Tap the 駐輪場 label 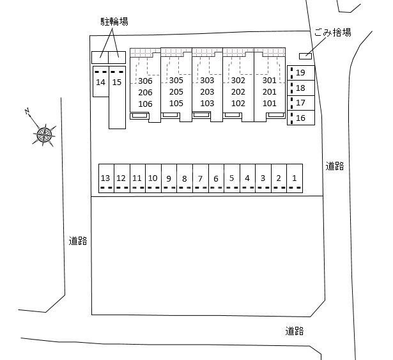(x=114, y=22)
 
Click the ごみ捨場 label (x=332, y=33)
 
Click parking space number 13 (x=105, y=178)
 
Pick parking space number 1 (x=295, y=178)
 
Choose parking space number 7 (x=200, y=179)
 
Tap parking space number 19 (x=301, y=73)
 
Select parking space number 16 (x=301, y=118)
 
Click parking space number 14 (x=100, y=82)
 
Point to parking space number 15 (x=116, y=82)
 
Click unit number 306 (x=145, y=81)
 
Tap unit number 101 (x=269, y=104)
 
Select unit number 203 (x=207, y=92)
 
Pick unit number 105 (x=176, y=104)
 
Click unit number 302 (x=238, y=81)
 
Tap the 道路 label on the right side (x=335, y=166)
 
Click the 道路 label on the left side (x=78, y=241)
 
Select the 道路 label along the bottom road (x=295, y=331)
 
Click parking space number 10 (x=153, y=178)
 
